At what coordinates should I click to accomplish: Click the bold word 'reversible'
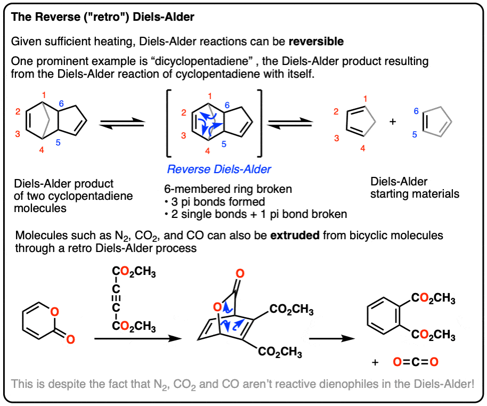316,42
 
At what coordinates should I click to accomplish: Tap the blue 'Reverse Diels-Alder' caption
219,169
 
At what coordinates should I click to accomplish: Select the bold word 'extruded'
295,236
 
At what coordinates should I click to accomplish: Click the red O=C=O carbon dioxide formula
416,362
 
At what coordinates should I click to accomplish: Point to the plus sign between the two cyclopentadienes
393,121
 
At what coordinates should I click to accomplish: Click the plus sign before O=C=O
375,362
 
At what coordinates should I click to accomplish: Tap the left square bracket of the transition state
169,123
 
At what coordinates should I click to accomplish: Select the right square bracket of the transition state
259,123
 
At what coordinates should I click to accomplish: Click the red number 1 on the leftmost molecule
44,95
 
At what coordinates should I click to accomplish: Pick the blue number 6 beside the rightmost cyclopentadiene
416,111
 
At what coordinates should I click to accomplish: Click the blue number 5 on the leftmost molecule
58,143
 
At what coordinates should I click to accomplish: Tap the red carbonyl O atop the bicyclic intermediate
240,274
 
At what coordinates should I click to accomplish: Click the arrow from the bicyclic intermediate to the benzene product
332,338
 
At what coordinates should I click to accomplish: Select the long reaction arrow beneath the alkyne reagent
137,338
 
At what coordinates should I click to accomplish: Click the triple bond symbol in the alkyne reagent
116,298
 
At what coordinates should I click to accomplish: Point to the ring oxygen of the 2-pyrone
55,312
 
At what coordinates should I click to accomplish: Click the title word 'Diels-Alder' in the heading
164,17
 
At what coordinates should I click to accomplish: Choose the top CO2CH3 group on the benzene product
433,298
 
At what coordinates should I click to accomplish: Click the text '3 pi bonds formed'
218,202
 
